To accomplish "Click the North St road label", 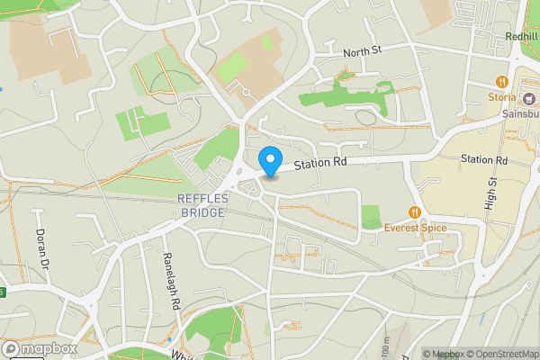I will pyautogui.click(x=363, y=52).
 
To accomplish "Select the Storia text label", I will pyautogui.click(x=501, y=97).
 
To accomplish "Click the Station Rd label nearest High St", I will pyautogui.click(x=484, y=159).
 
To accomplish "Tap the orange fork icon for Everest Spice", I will pyautogui.click(x=414, y=212).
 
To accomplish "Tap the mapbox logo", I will pyautogui.click(x=40, y=348).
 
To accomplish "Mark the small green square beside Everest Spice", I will pyautogui.click(x=370, y=216).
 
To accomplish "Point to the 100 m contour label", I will pyautogui.click(x=385, y=346).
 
